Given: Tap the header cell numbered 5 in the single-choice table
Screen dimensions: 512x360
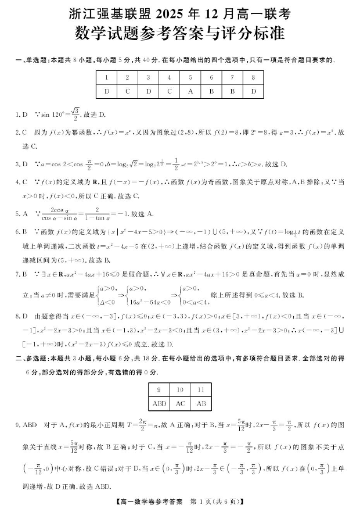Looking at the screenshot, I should tap(190, 77).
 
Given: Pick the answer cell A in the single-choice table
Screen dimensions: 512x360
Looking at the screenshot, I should tap(190, 91).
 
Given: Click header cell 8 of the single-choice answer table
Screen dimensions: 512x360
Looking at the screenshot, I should tap(253, 77).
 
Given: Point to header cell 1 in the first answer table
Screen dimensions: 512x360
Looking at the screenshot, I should tap(106, 77).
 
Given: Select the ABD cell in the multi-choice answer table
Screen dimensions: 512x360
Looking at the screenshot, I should tap(159, 403).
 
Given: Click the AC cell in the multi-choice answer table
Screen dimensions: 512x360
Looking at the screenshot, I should tap(180, 403).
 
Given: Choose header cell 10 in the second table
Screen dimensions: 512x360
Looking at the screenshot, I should tap(180, 389).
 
